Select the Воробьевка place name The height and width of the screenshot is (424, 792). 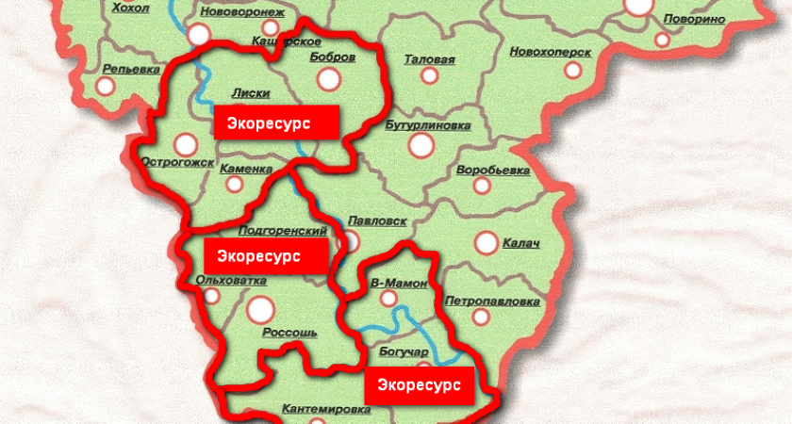coord(490,171)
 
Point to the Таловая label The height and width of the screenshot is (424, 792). coord(429,59)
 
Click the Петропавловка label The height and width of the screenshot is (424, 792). coord(492,302)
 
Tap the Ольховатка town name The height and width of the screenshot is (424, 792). coord(230,280)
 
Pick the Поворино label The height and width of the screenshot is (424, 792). coord(694,19)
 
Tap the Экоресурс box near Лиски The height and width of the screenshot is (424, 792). coord(276,122)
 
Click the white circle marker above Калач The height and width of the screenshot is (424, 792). coord(487,243)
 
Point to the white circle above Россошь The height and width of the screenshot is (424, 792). coord(260,307)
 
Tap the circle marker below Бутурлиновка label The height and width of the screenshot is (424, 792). coord(419,146)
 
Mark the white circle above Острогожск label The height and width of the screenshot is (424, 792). coord(186,144)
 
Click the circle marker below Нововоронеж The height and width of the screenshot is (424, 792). coord(199,35)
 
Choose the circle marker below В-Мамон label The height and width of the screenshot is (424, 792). coord(388,299)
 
